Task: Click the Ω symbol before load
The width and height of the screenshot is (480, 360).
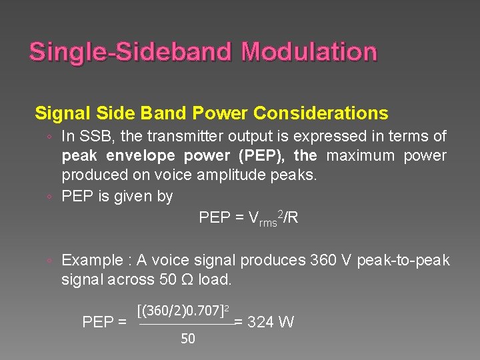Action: [187, 279]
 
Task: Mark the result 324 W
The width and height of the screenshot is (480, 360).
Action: [270, 323]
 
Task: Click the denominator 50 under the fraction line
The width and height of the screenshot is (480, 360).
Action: [188, 339]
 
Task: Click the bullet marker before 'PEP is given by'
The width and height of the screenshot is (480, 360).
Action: [51, 197]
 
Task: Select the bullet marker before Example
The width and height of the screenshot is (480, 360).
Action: [51, 261]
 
